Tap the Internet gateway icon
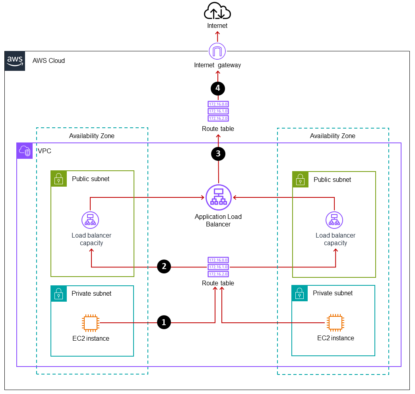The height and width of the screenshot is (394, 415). pyautogui.click(x=217, y=51)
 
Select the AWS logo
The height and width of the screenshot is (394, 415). pyautogui.click(x=15, y=61)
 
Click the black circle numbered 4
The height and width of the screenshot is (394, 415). pyautogui.click(x=218, y=88)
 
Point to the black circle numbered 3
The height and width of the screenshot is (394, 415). pyautogui.click(x=218, y=154)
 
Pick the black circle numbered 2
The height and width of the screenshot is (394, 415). pyautogui.click(x=164, y=267)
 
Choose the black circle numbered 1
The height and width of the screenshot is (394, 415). pyautogui.click(x=164, y=322)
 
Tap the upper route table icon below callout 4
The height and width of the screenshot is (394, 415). pyautogui.click(x=218, y=111)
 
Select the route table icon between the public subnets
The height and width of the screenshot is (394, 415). pyautogui.click(x=218, y=267)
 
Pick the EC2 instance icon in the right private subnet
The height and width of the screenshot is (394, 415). pyautogui.click(x=335, y=322)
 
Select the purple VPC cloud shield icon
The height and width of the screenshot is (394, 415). pyautogui.click(x=25, y=151)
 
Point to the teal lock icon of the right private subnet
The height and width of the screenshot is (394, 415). pyautogui.click(x=300, y=293)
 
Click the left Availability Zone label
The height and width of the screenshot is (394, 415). pyautogui.click(x=92, y=136)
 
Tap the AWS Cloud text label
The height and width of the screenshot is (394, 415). pyautogui.click(x=48, y=61)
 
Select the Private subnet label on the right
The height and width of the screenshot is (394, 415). pyautogui.click(x=333, y=293)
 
